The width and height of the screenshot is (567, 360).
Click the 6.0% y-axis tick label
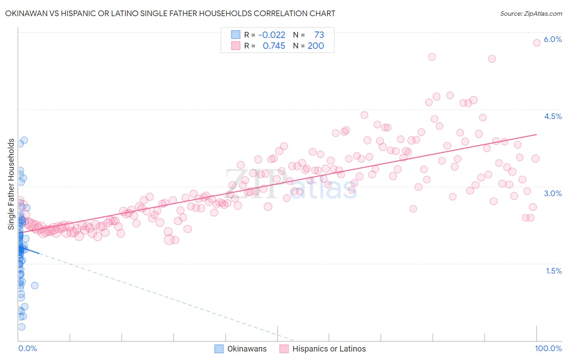click(x=552, y=39)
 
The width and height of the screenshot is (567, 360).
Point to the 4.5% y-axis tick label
click(x=552, y=116)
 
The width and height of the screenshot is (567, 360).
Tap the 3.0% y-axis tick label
click(x=552, y=193)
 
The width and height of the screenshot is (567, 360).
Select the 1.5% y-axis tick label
click(x=554, y=271)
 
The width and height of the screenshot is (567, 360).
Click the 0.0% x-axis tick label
click(x=27, y=348)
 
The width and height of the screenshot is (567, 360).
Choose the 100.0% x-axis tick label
click(x=548, y=348)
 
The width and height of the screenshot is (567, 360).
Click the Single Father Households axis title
click(x=11, y=184)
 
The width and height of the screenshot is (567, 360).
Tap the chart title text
click(x=170, y=13)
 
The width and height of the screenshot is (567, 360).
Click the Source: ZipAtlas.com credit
click(x=531, y=13)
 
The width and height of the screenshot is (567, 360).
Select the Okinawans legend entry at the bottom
click(x=241, y=349)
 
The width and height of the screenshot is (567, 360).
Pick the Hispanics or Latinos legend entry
click(x=323, y=349)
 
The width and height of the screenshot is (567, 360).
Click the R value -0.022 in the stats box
click(x=271, y=35)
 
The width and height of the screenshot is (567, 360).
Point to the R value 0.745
click(x=274, y=46)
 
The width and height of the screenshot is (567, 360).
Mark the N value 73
click(x=319, y=35)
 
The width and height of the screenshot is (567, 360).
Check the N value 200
click(x=316, y=46)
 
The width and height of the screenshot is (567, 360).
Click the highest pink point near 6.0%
click(x=537, y=43)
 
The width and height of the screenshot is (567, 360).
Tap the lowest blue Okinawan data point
click(x=22, y=327)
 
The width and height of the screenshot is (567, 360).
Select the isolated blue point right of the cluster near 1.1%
click(x=35, y=285)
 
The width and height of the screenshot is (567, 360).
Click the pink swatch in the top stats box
click(x=236, y=46)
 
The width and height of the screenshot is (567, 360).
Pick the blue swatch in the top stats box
click(x=236, y=35)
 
